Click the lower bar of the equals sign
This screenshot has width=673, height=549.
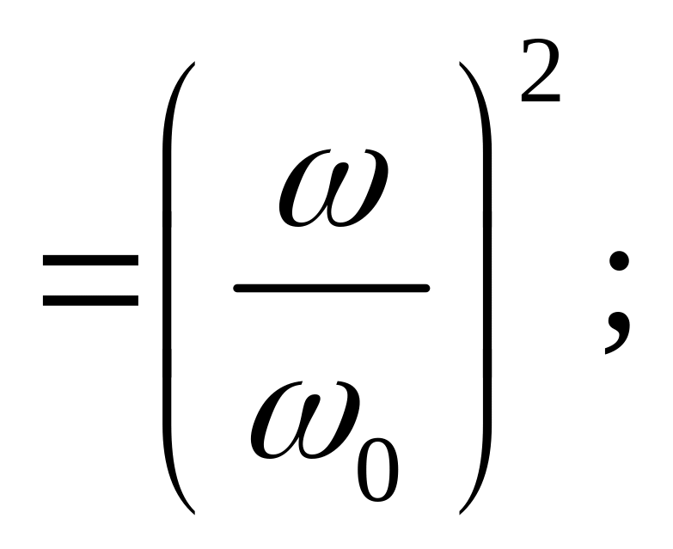[89, 301]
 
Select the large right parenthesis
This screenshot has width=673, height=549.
[481, 288]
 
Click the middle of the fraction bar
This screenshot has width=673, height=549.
[332, 289]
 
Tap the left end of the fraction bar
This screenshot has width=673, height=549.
[238, 289]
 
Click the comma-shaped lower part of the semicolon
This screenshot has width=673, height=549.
[616, 331]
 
